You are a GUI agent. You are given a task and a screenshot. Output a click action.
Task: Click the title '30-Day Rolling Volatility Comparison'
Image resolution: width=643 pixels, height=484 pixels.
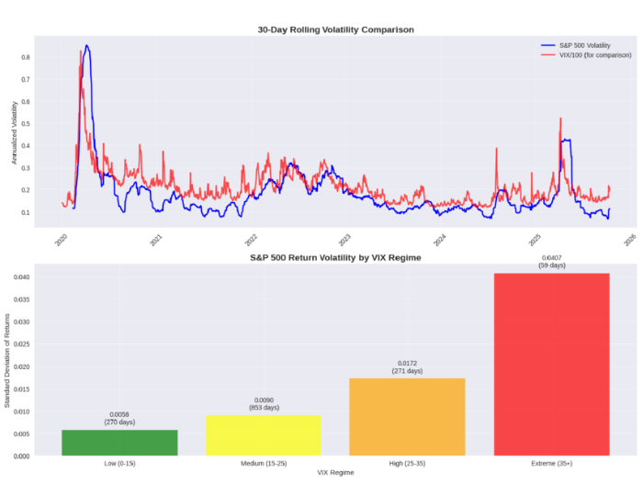[x=335, y=29]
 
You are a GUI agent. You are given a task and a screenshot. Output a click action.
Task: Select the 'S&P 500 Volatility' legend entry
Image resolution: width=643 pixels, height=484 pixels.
[x=584, y=45]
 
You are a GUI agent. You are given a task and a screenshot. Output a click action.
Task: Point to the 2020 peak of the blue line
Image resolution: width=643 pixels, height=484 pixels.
[x=86, y=46]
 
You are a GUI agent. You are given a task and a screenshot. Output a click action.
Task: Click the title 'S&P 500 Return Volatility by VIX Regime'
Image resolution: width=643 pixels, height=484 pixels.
[x=335, y=258]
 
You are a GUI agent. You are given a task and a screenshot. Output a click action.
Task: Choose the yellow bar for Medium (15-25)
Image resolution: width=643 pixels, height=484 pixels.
[x=263, y=435]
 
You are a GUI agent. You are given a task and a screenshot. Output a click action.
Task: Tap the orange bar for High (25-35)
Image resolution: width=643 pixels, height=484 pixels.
[x=407, y=417]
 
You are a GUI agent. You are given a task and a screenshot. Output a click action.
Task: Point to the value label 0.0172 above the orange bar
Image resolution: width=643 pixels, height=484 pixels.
[x=407, y=365]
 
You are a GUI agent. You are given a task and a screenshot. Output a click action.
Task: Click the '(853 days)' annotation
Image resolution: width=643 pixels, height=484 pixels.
[x=263, y=407]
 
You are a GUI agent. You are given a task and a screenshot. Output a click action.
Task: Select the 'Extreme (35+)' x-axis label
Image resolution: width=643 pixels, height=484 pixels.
[x=551, y=464]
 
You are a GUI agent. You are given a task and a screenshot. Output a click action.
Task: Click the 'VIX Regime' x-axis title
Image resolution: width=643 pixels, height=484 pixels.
[x=335, y=474]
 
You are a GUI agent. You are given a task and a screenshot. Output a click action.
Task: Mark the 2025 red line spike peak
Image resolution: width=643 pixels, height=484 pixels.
[x=560, y=118]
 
